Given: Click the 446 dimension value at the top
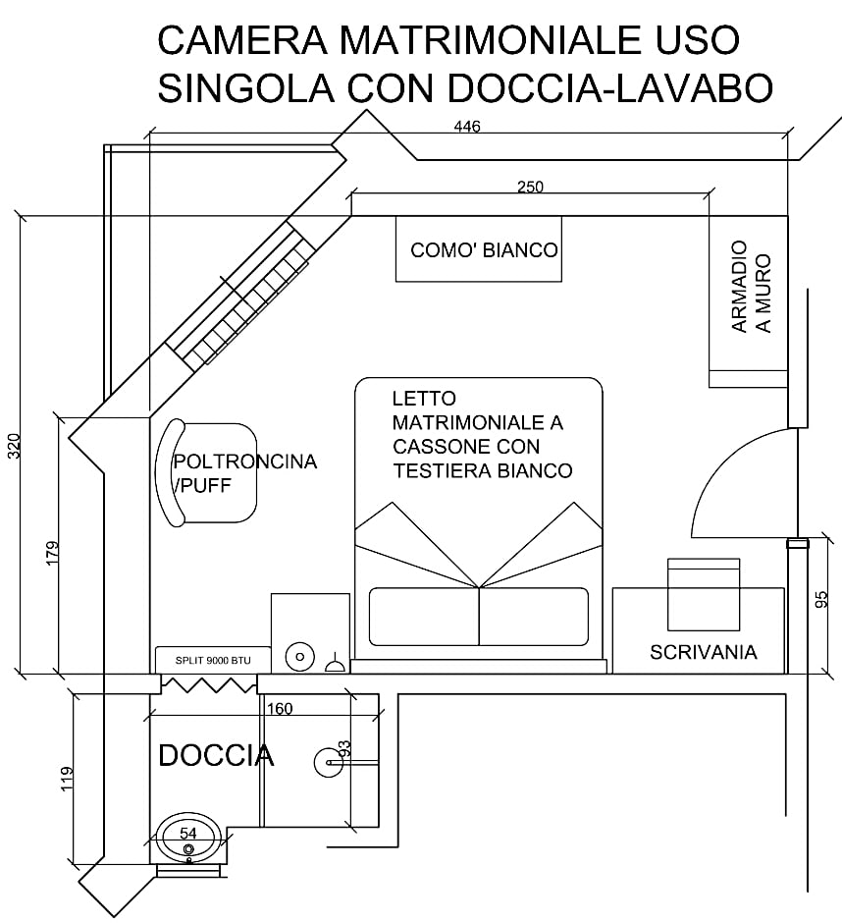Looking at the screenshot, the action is point(467,127).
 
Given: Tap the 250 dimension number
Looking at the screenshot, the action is point(530,187).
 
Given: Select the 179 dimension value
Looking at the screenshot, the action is point(53,554).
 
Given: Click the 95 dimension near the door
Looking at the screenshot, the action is point(821,599).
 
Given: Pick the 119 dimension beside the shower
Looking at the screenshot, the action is point(67,779).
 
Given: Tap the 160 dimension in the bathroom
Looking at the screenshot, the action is point(280,709).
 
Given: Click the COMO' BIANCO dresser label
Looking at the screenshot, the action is point(484,250).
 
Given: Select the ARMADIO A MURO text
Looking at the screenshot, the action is point(751,287).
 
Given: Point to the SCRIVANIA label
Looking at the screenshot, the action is point(703,652).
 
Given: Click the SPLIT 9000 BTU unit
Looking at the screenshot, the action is point(213,661).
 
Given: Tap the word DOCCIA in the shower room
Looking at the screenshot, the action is point(217,756).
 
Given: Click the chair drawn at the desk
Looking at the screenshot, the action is point(703,594).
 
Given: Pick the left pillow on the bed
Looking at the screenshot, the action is point(424,617).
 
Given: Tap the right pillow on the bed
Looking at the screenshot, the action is point(534,617).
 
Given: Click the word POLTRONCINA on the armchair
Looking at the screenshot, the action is point(244,461).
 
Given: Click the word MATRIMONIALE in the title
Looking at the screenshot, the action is point(486,39).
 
